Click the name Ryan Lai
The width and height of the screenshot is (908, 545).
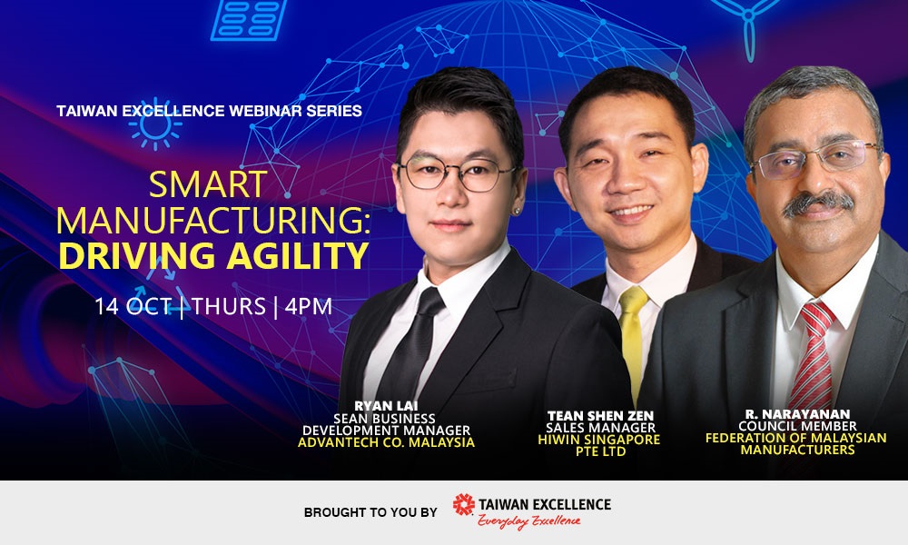(x=386, y=405)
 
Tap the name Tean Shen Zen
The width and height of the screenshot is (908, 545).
(x=600, y=416)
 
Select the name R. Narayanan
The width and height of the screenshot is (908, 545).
(x=797, y=414)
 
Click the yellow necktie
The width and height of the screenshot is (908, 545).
(x=632, y=342)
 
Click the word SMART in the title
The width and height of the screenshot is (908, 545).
(x=208, y=184)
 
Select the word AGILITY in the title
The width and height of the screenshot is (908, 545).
(x=298, y=256)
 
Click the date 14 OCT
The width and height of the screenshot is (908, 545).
(x=133, y=306)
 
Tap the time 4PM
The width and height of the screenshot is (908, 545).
(x=308, y=306)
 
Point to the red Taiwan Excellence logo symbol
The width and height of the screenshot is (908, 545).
(x=463, y=504)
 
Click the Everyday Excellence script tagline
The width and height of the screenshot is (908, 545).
(x=528, y=521)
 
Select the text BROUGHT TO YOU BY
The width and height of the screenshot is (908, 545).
(x=370, y=512)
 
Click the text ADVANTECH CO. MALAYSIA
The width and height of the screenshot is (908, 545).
(x=386, y=442)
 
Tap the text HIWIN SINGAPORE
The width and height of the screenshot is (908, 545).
(x=598, y=440)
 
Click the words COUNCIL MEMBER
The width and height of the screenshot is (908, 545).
(x=797, y=426)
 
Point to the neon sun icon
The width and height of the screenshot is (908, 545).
(x=154, y=124)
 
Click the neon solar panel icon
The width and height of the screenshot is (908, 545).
(x=249, y=20)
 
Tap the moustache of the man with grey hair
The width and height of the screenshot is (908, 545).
(x=818, y=203)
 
